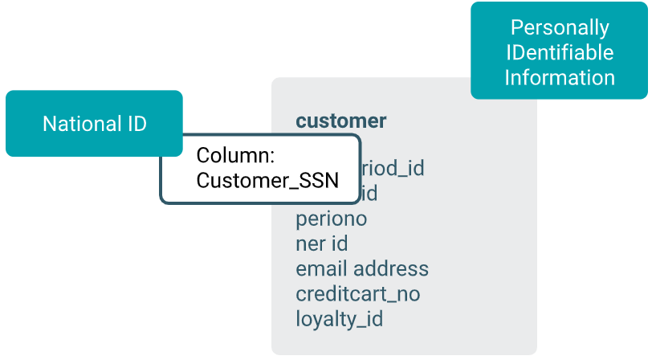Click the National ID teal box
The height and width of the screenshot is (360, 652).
click(94, 124)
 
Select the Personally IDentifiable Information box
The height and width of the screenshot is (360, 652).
click(559, 51)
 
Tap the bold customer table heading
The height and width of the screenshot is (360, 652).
click(341, 121)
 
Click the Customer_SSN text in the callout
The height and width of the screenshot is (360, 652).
click(267, 180)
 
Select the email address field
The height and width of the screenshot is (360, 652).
click(362, 268)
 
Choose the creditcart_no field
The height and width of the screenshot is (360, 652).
click(357, 293)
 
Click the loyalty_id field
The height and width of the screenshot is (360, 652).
click(339, 319)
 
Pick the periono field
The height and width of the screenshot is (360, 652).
click(331, 219)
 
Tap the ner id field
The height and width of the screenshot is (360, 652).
click(321, 243)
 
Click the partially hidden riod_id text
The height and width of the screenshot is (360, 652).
click(393, 168)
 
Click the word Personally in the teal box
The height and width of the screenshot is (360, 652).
click(560, 27)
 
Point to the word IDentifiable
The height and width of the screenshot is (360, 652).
click(559, 52)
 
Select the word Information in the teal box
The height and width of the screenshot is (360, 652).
click(559, 77)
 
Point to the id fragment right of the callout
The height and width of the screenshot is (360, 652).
click(369, 194)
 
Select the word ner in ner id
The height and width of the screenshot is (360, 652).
click(310, 243)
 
